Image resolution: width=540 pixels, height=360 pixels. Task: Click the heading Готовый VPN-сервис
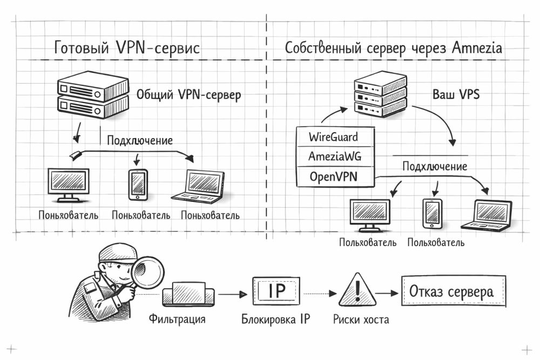[127, 48]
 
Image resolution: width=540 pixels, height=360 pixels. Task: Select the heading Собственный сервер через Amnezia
[394, 48]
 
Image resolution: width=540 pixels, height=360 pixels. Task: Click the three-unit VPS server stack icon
[379, 97]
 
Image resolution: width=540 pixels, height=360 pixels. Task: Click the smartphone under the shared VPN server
[138, 185]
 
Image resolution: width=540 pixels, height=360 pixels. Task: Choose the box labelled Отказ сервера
[453, 293]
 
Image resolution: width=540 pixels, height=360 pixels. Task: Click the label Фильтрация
[177, 319]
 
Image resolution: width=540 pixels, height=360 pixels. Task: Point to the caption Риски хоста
[361, 320]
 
